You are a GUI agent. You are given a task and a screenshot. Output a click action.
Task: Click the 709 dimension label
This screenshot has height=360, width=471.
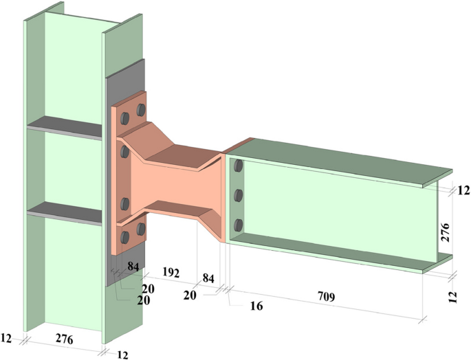click(x=326, y=297)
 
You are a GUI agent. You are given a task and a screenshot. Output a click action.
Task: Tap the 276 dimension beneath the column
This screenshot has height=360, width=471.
click(x=63, y=340)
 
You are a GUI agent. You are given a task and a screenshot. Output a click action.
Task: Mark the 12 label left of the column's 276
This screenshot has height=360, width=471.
click(x=9, y=337)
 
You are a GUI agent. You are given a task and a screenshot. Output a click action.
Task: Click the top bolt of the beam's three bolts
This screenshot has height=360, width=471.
click(x=238, y=166)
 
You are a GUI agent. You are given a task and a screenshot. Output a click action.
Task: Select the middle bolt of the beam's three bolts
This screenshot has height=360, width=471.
click(x=238, y=195)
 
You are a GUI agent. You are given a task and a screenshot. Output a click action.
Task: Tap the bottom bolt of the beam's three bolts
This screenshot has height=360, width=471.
click(x=238, y=225)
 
